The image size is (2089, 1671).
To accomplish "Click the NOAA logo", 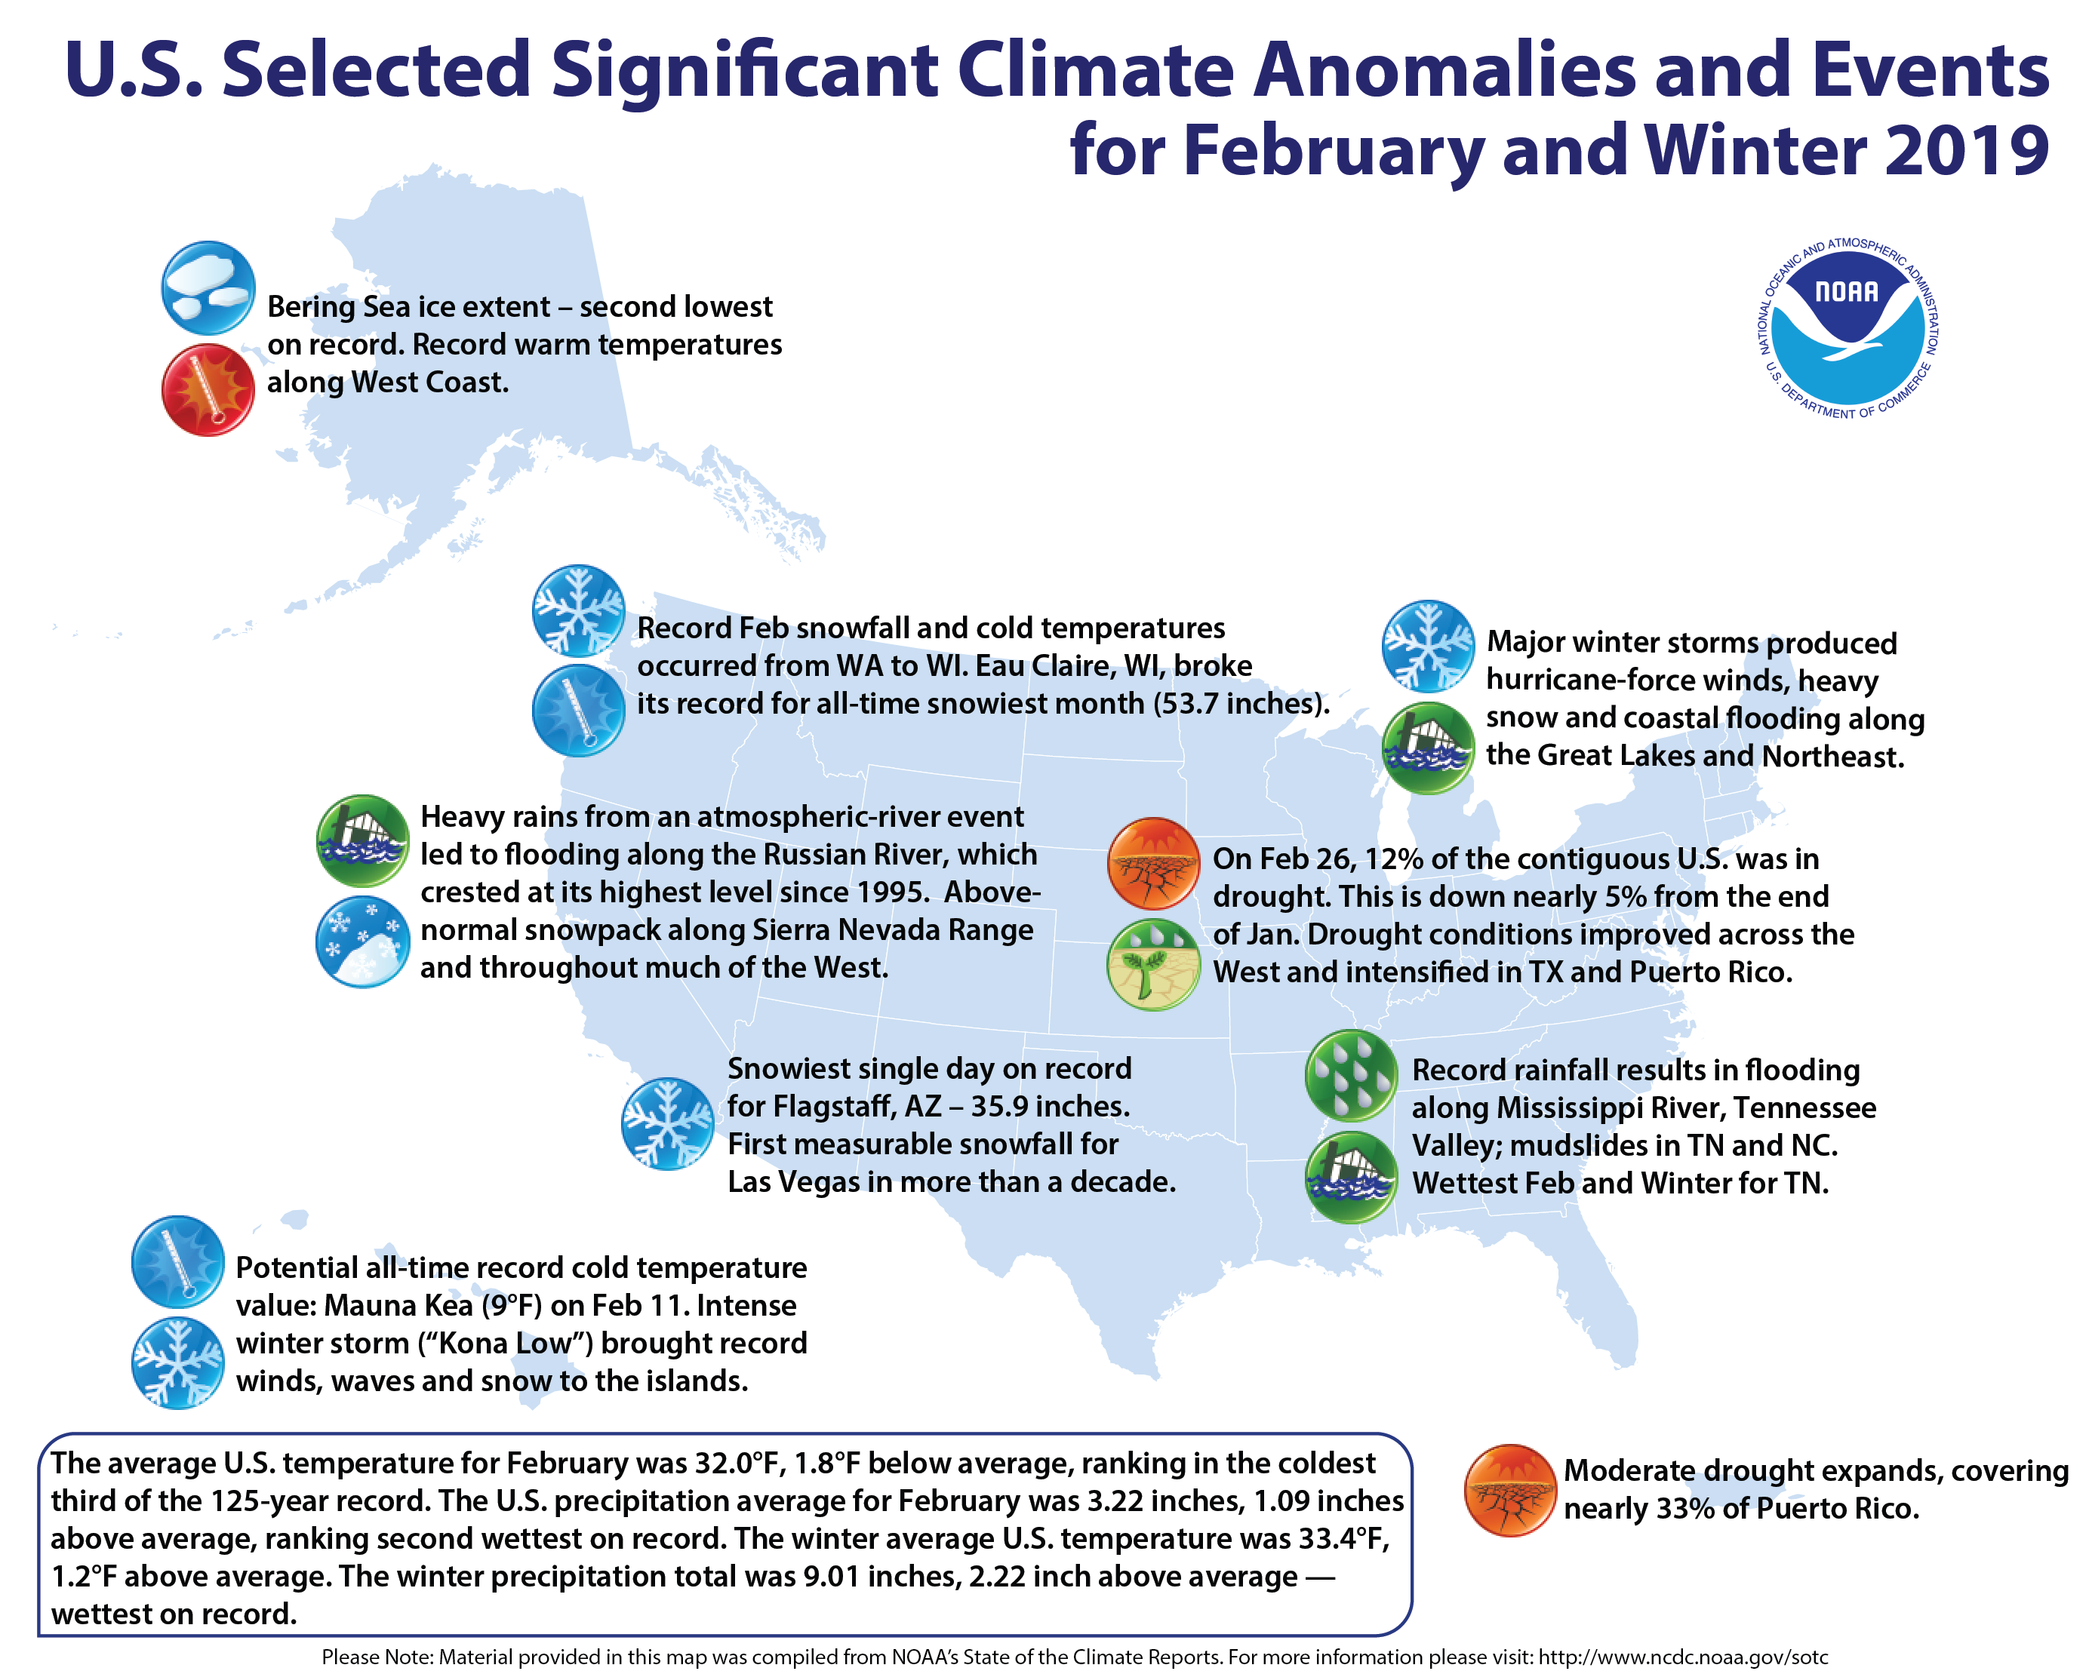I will (x=1847, y=330).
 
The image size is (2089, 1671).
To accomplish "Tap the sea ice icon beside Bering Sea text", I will (x=208, y=287).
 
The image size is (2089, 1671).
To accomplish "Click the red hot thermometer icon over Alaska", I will (x=208, y=389).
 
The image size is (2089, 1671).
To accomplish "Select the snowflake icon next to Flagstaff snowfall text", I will (x=666, y=1124).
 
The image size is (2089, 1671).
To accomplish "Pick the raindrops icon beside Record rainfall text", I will (x=1351, y=1074).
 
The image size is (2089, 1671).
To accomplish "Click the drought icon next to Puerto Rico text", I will (x=1509, y=1490).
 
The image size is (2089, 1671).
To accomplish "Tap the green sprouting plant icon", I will (x=1153, y=965).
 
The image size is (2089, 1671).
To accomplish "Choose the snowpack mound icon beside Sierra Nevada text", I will (x=362, y=941).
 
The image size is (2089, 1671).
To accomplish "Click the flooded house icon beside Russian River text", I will (x=362, y=840).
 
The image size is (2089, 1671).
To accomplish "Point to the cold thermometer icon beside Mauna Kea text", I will (x=177, y=1261).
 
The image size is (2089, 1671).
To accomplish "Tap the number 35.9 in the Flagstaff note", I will (x=1005, y=1106).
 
